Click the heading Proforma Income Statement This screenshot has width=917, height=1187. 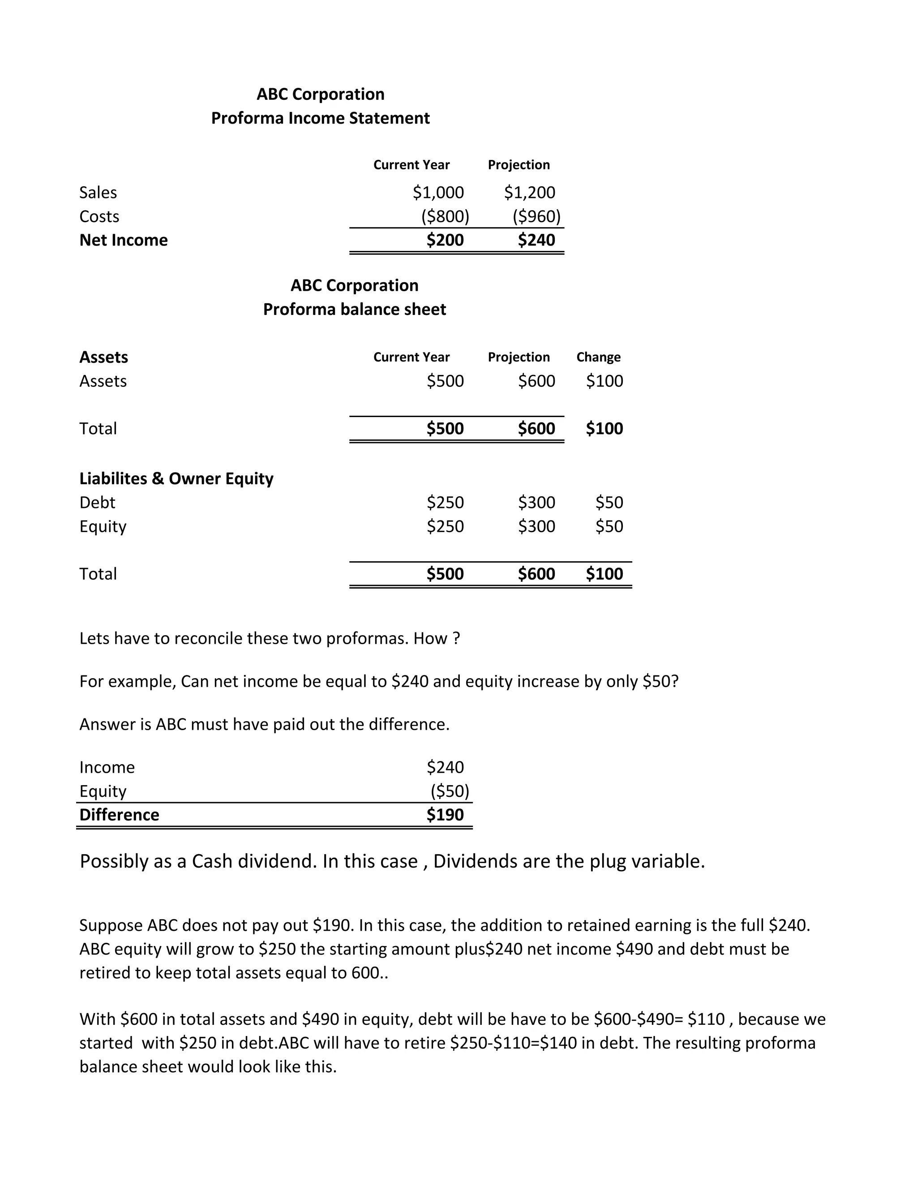320,118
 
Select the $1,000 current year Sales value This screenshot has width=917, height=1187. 438,193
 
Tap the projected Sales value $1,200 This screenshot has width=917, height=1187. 529,193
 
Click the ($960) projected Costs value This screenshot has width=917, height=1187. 536,216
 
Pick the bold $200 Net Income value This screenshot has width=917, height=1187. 445,240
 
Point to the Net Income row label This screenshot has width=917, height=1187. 123,240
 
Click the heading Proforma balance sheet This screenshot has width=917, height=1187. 354,309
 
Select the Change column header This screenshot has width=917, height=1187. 598,357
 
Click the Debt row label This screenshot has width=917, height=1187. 97,502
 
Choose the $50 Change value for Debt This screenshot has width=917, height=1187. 609,502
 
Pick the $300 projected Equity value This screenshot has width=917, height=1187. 536,526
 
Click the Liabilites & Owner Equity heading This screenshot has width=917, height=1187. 176,478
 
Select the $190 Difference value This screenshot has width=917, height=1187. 445,815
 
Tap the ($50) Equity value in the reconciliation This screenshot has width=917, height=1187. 449,791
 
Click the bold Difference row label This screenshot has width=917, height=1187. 119,815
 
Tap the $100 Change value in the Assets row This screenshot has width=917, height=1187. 604,381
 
